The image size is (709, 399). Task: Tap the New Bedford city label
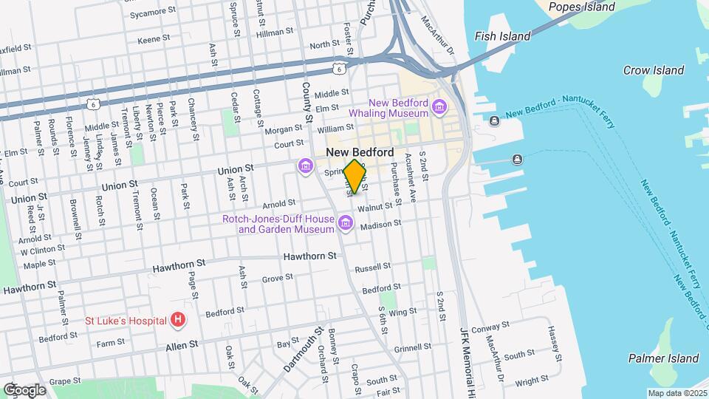tap(360, 152)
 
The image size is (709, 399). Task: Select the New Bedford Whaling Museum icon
tap(440, 108)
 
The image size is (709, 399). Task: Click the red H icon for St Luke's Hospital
tap(177, 320)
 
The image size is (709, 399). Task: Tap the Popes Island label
tap(583, 7)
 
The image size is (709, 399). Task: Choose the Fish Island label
tap(502, 36)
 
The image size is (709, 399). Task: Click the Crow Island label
tap(653, 70)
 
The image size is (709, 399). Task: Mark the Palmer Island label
tap(663, 358)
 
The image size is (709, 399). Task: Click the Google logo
tap(24, 389)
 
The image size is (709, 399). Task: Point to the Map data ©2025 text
tap(677, 393)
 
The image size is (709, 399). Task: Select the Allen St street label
tap(183, 345)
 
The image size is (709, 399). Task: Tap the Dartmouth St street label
tap(304, 349)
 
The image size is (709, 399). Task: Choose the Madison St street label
tap(381, 223)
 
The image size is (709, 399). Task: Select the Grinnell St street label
tap(413, 347)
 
